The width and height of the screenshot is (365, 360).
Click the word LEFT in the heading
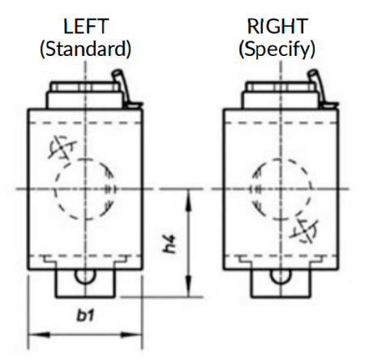pyautogui.click(x=86, y=26)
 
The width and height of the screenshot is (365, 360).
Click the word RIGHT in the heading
pyautogui.click(x=277, y=26)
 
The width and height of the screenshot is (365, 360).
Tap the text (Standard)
pyautogui.click(x=85, y=49)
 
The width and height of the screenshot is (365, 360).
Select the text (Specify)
pyautogui.click(x=277, y=50)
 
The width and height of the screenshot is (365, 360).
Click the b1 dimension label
pyautogui.click(x=85, y=315)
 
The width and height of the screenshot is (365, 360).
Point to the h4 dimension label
pyautogui.click(x=170, y=244)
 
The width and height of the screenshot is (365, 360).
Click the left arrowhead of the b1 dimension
pyautogui.click(x=39, y=335)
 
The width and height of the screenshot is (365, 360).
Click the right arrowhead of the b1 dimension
pyautogui.click(x=131, y=335)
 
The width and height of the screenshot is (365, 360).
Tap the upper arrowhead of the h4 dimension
pyautogui.click(x=189, y=200)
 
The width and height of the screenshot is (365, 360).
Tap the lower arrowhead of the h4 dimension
pyautogui.click(x=189, y=285)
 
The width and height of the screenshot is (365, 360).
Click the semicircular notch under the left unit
pyautogui.click(x=85, y=276)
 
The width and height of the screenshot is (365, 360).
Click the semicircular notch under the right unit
pyautogui.click(x=281, y=276)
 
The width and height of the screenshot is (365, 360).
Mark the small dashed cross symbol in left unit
pyautogui.click(x=62, y=148)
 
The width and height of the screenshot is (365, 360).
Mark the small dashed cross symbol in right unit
pyautogui.click(x=304, y=230)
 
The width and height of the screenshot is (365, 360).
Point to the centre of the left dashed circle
pyautogui.click(x=85, y=189)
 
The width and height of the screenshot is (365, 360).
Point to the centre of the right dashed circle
pyautogui.click(x=281, y=189)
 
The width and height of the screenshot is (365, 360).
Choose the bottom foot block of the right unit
pyautogui.click(x=281, y=284)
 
